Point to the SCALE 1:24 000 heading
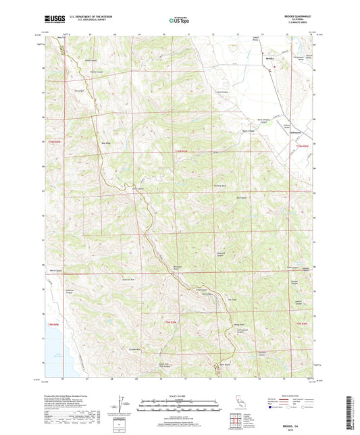click(x=179, y=395)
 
